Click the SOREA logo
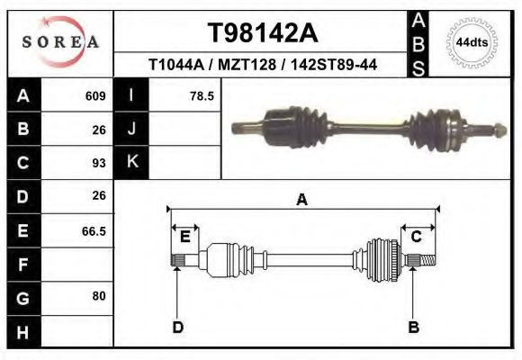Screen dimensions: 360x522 [60, 42]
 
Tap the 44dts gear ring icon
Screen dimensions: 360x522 [472, 42]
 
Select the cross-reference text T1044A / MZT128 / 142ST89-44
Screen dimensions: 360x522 [263, 65]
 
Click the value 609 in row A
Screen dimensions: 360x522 [95, 95]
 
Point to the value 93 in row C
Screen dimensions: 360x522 [99, 163]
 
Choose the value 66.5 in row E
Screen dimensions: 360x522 [94, 230]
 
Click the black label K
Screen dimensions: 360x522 [132, 162]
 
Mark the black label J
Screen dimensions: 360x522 [132, 129]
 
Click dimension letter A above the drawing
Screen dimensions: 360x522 [301, 200]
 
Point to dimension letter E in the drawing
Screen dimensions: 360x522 [184, 237]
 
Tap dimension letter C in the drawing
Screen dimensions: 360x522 [417, 237]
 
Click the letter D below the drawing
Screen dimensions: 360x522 [178, 327]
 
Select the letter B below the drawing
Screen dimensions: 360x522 [413, 327]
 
